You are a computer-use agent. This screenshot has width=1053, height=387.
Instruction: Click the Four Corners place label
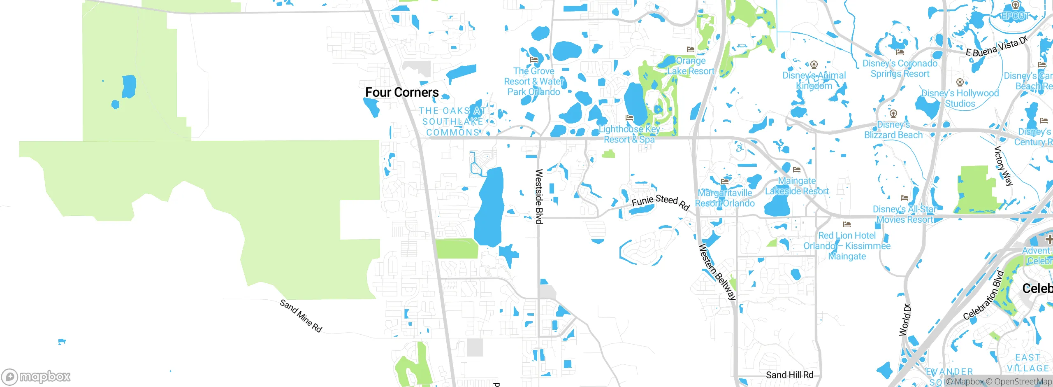(402, 92)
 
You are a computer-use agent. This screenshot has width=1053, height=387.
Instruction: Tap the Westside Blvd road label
(539, 196)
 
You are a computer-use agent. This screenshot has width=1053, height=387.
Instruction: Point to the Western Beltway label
(717, 272)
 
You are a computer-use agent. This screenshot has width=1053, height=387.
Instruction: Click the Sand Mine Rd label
(301, 316)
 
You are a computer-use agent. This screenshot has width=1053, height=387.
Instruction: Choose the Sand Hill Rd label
(789, 375)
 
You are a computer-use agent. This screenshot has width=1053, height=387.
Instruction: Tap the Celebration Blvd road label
(983, 295)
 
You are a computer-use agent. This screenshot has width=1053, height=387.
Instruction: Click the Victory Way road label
(1003, 166)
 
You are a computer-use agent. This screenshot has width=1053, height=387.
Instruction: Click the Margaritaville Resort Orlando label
(725, 198)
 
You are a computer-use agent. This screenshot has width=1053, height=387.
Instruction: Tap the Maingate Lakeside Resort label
(797, 186)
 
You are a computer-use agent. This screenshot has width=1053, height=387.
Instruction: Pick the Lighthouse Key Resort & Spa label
(629, 134)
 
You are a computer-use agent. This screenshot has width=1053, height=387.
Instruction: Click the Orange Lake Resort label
(691, 66)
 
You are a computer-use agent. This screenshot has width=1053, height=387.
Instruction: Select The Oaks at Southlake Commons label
(452, 121)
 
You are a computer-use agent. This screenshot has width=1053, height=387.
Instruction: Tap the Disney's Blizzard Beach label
(893, 130)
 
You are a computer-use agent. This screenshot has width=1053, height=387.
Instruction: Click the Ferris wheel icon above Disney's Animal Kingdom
(814, 65)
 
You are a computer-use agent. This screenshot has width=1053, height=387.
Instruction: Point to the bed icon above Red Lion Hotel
(847, 224)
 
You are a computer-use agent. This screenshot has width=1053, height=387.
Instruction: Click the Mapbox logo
(36, 377)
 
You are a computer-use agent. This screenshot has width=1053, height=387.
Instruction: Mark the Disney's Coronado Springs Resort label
(900, 69)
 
